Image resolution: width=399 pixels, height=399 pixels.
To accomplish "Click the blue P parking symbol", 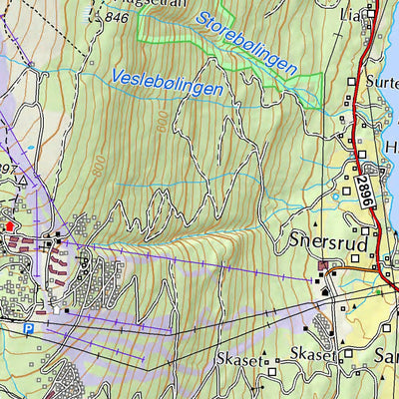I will pyautogui.click(x=29, y=328).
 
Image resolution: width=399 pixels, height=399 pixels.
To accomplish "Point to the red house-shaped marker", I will pyautogui.click(x=11, y=226).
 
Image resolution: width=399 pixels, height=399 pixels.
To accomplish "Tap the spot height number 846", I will pyautogui.click(x=117, y=17).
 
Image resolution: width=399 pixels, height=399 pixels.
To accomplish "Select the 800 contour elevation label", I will pyautogui.click(x=98, y=164).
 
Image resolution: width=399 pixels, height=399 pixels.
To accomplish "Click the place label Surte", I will pyautogui.click(x=381, y=83).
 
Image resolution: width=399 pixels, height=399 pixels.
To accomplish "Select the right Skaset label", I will pyautogui.click(x=310, y=354).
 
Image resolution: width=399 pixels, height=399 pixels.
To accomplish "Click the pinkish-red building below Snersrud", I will pyautogui.click(x=326, y=265).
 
